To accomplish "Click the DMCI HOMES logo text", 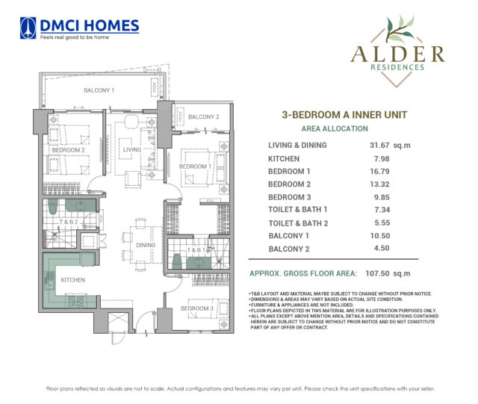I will click(x=89, y=25).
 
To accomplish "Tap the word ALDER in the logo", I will click(x=396, y=54).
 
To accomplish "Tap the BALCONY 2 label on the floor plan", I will click(x=203, y=117).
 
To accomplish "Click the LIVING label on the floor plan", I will click(x=132, y=150).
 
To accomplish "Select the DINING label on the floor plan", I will click(x=146, y=245).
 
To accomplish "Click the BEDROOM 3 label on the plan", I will click(x=197, y=308).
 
